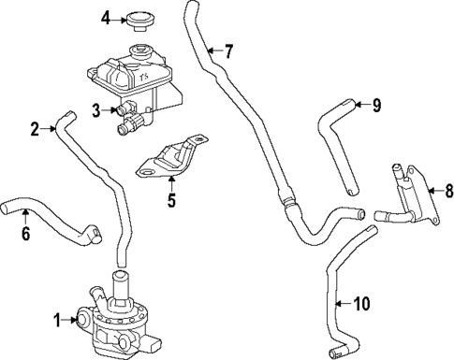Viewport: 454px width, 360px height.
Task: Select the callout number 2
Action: (36, 129)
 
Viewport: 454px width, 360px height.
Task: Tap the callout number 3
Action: (96, 110)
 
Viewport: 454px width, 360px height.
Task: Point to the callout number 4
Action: (107, 18)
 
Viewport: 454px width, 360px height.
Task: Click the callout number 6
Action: (25, 232)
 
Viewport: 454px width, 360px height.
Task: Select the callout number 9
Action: (376, 105)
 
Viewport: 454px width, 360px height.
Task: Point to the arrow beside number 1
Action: (72, 320)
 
